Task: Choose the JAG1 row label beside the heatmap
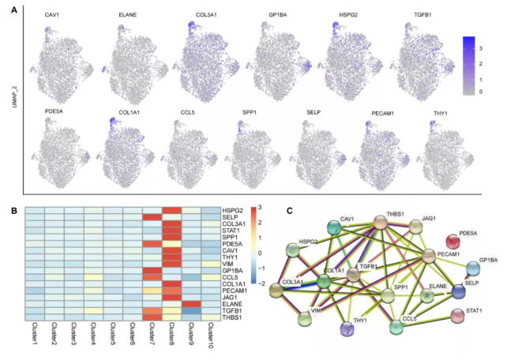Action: (x=233, y=294)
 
